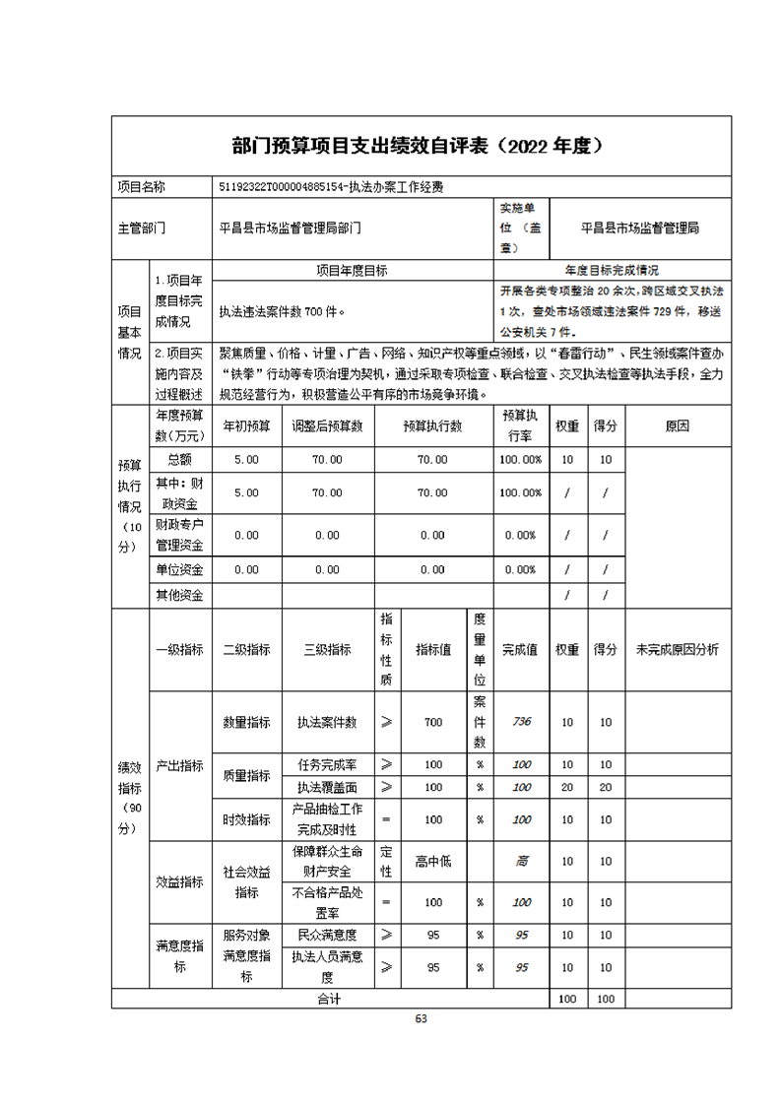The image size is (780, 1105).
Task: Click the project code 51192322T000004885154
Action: coord(282,186)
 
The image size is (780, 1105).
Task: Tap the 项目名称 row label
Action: coord(142,186)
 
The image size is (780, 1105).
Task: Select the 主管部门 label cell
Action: coord(142,227)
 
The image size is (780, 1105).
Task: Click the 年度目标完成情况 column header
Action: coord(612,270)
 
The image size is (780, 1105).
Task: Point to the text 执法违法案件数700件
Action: coord(281,311)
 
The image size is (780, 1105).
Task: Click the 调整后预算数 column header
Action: coord(327,426)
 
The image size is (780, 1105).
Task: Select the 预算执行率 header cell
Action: coord(519,425)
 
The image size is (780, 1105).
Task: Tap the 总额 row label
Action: coord(179,459)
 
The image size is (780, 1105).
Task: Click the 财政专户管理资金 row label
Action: coord(179,535)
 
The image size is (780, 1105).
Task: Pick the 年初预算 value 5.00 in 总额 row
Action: coord(245,460)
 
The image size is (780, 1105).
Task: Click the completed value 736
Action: coord(521,722)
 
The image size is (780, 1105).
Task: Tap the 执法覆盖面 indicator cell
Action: coord(327,787)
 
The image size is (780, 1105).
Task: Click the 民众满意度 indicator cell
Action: coord(327,935)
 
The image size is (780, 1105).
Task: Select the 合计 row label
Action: coord(328,999)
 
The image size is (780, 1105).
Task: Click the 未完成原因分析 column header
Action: coord(678,649)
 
